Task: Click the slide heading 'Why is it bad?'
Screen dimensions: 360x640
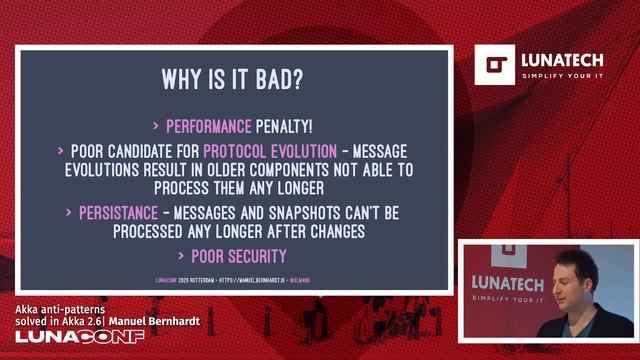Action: (232, 79)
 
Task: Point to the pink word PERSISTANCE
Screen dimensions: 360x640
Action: (118, 213)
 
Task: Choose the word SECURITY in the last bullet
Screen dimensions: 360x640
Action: (259, 256)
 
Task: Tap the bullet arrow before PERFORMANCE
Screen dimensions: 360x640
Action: (156, 127)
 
